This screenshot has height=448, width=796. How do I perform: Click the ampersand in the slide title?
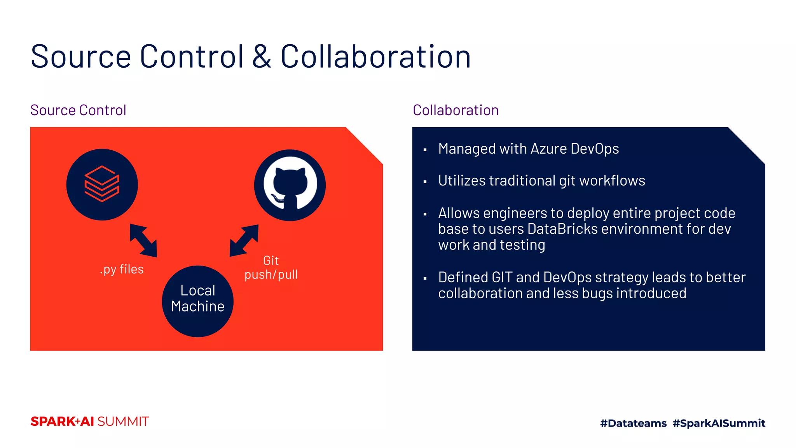(262, 57)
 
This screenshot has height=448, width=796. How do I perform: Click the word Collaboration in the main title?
(375, 57)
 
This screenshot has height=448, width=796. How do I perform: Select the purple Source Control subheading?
(78, 110)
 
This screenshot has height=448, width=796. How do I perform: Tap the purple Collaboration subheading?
(456, 110)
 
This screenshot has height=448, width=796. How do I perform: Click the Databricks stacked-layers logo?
(102, 184)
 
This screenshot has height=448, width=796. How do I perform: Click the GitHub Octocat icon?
(290, 185)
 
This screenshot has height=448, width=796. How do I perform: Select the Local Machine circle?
(197, 301)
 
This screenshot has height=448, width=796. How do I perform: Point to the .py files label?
(122, 269)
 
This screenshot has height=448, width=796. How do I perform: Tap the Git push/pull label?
(271, 268)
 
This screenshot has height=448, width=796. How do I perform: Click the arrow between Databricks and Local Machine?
(143, 240)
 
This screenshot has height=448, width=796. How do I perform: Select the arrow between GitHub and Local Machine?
(244, 240)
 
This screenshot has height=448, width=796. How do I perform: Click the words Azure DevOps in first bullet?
(574, 149)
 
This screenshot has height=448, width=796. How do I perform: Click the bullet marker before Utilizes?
(425, 182)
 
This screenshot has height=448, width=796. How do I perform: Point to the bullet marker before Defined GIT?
(425, 278)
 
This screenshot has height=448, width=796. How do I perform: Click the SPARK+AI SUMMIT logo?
(89, 422)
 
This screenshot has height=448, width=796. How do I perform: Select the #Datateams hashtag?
(633, 423)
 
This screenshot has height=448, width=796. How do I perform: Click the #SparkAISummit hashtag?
(719, 423)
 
